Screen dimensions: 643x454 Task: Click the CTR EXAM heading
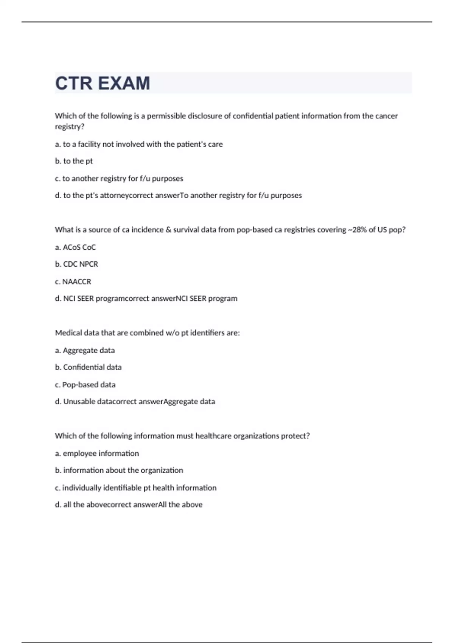pos(103,83)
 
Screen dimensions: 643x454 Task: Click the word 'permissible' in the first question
pos(166,116)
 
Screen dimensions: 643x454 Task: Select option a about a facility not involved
pos(139,144)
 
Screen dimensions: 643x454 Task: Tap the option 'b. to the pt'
pos(74,161)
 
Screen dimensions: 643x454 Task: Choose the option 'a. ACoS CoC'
pos(75,247)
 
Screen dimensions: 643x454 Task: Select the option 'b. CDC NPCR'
pos(76,264)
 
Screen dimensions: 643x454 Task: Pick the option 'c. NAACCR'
pos(73,282)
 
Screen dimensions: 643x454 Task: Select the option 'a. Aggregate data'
pos(85,351)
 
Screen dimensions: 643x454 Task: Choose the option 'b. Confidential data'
pos(88,367)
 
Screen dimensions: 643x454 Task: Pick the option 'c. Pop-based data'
pos(85,385)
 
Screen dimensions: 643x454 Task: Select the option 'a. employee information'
pos(97,454)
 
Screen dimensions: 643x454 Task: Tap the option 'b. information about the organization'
pos(119,471)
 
